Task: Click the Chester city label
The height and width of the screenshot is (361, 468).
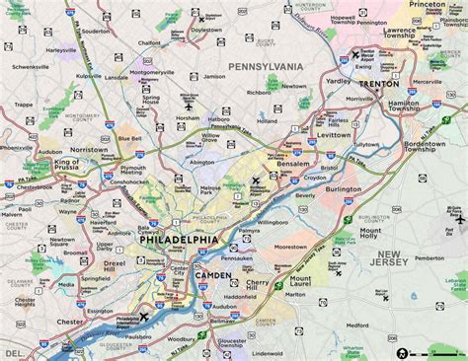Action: point(69,323)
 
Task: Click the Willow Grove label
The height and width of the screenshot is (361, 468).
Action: point(204,140)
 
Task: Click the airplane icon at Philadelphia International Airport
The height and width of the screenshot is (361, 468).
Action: point(145,317)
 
